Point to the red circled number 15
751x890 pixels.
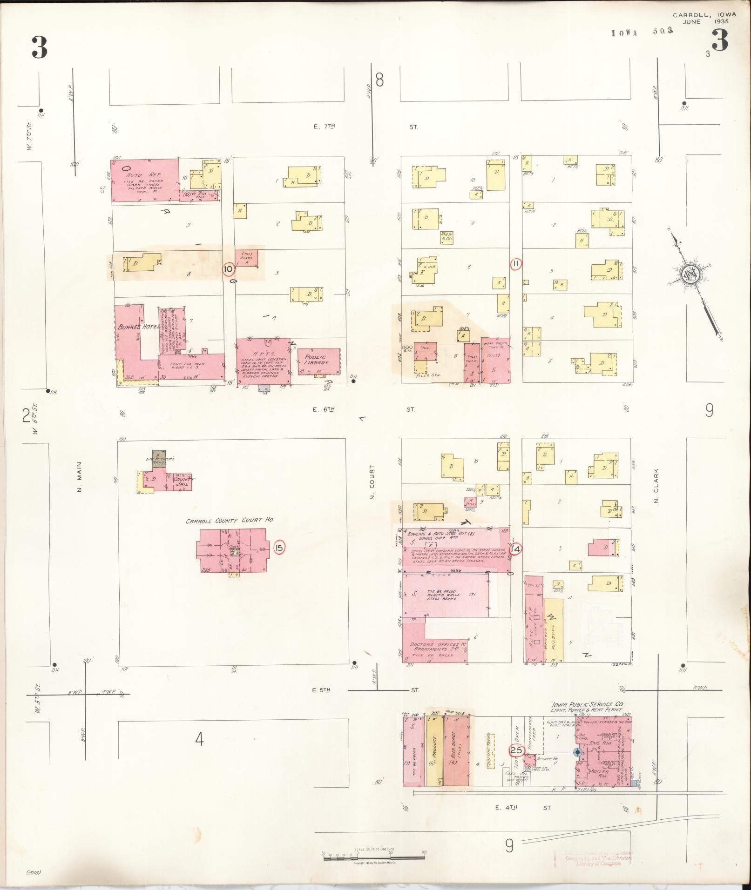coord(278,548)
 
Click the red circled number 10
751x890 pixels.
coord(228,269)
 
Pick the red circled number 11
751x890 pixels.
coord(516,264)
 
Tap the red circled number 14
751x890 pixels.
coord(515,549)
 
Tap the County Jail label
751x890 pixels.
coord(181,481)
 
